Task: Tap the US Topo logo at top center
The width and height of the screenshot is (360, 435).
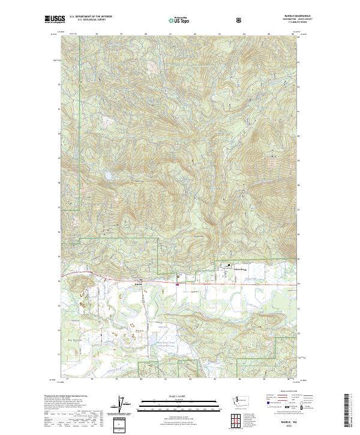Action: click(x=179, y=20)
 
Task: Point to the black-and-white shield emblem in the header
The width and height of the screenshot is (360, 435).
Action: click(x=239, y=20)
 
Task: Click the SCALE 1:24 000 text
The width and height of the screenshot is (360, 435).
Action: click(x=179, y=397)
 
